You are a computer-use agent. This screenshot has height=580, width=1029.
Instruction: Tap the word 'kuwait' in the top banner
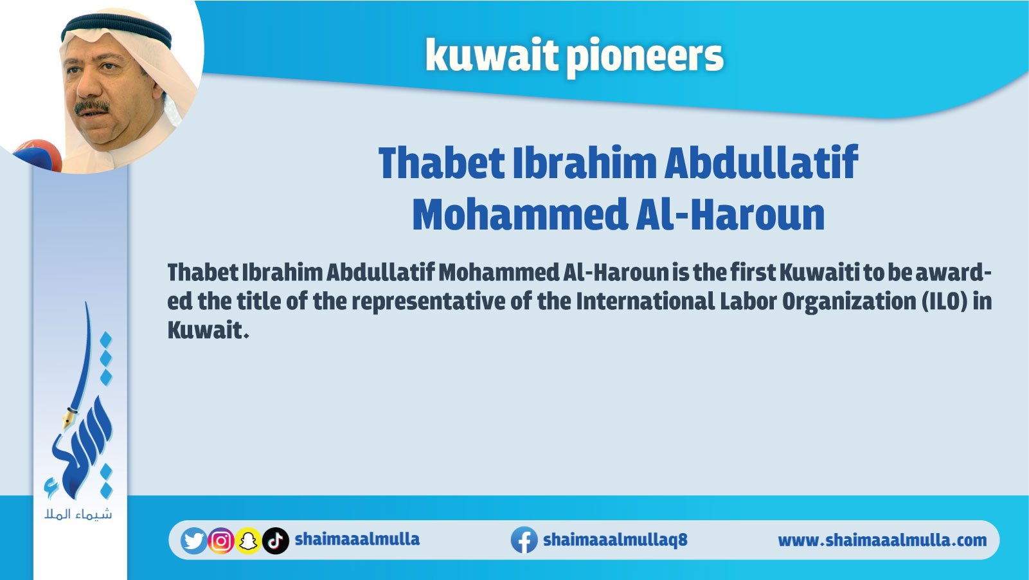[x=492, y=55]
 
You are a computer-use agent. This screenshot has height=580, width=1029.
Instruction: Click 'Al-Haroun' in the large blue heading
[x=730, y=213]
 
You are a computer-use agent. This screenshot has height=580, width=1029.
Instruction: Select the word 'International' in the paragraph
[x=645, y=301]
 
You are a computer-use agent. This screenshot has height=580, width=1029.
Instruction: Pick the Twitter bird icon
[x=193, y=541]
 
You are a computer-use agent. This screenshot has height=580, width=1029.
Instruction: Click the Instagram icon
[x=221, y=541]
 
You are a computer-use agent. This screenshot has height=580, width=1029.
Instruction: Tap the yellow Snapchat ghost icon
[x=248, y=541]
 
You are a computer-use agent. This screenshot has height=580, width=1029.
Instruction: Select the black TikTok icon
[x=276, y=541]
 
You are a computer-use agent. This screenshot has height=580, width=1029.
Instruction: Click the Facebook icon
[x=524, y=540]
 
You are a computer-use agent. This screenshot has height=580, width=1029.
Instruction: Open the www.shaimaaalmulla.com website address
[x=882, y=540]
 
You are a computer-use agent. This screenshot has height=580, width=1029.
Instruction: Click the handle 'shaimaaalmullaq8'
[x=615, y=539]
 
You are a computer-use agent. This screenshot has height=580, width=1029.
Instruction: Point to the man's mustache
[x=91, y=107]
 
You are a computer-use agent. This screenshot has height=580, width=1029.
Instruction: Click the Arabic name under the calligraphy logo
[x=78, y=514]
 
